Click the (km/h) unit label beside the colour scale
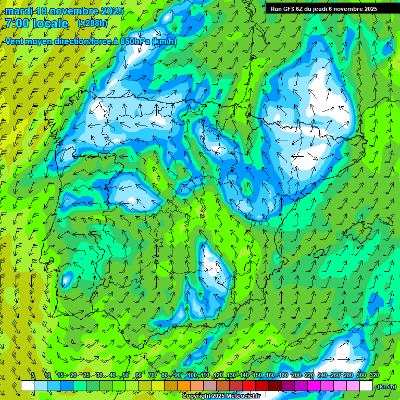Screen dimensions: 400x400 386,386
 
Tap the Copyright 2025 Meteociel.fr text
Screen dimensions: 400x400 221,396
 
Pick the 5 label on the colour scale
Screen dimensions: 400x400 33,376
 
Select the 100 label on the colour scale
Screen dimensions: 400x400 192,376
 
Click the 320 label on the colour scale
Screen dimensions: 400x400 374,376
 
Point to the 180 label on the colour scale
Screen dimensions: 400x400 283,376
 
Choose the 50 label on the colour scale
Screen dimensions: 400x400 126,376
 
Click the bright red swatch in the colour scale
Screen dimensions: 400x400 249,386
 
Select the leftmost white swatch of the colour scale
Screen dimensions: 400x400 28,386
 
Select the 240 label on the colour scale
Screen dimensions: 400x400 322,376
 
